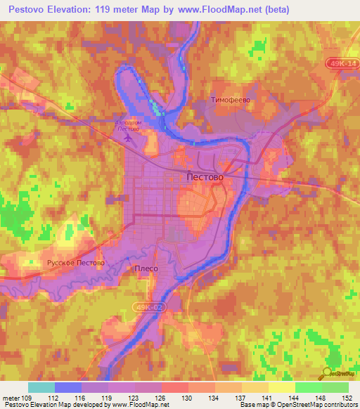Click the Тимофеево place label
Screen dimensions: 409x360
click(231, 100)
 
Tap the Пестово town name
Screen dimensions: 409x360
click(205, 177)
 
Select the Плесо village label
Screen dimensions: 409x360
click(146, 268)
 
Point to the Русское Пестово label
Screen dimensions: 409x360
click(75, 263)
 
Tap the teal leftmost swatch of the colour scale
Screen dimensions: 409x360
click(41, 387)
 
